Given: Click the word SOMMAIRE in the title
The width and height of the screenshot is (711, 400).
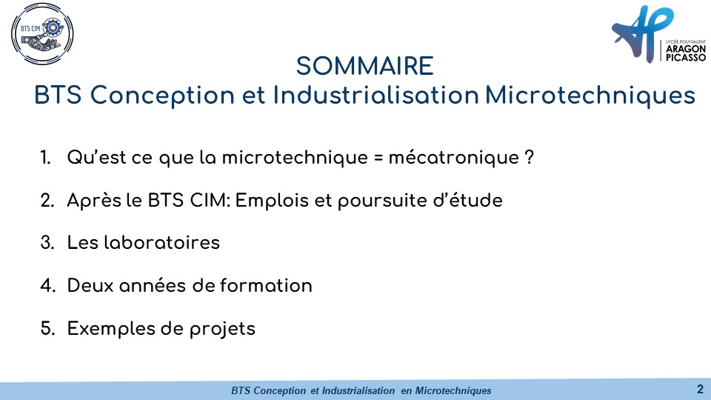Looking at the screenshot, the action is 365,66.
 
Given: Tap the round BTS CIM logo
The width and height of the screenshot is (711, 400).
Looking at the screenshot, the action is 42,34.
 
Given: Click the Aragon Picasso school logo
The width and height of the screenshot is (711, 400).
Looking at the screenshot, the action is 658,35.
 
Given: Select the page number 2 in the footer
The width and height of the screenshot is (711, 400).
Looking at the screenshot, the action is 700,389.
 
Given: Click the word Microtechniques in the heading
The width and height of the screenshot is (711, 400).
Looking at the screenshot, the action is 590,96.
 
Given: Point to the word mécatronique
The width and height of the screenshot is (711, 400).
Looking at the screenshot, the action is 453,157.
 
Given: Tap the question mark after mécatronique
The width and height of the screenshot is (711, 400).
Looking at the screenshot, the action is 529,157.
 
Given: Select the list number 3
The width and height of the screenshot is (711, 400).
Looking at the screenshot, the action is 47,243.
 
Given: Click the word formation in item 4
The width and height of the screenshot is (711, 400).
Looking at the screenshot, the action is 266,286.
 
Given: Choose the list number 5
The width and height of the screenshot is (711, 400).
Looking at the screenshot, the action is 47,329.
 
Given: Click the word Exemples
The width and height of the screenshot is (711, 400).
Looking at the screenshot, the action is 110,329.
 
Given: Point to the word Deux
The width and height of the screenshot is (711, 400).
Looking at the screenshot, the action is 90,286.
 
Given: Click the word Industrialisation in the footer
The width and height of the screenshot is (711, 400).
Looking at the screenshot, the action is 358,390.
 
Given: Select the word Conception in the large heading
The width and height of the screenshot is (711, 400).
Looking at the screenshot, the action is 162,96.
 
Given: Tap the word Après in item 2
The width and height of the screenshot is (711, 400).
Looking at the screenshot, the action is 94,201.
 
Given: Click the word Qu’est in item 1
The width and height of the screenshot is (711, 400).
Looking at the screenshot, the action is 96,157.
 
